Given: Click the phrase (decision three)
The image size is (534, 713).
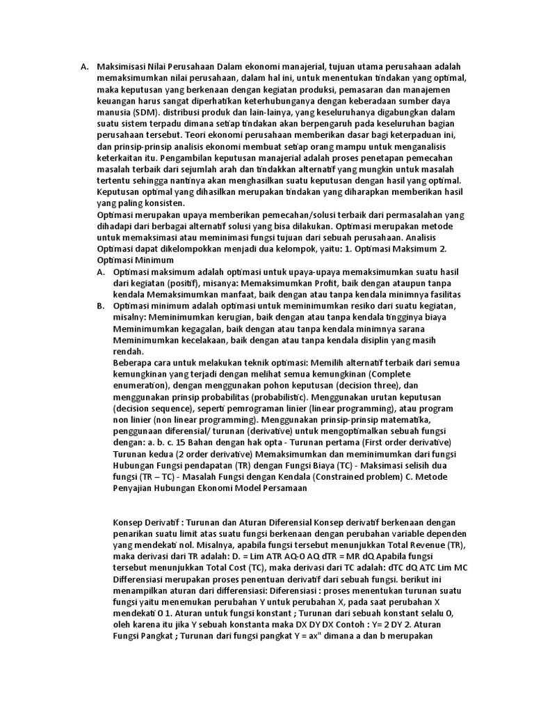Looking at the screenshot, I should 368,384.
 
